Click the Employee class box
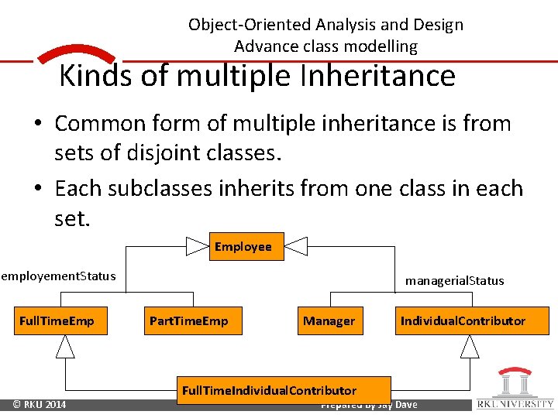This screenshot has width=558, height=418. coord(243,246)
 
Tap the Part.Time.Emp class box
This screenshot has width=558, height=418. coord(188,320)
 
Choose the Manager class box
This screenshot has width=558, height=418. coord(329,320)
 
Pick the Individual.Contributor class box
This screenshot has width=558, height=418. coord(463,320)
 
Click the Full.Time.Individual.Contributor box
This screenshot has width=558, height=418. coord(269,390)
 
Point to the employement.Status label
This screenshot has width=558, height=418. coord(58,276)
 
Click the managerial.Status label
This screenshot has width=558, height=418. coord(454,280)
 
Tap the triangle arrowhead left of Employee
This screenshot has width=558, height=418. coord(198,246)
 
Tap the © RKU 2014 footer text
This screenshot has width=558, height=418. coord(40,405)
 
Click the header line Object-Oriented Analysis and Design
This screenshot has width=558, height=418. coord(325,24)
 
